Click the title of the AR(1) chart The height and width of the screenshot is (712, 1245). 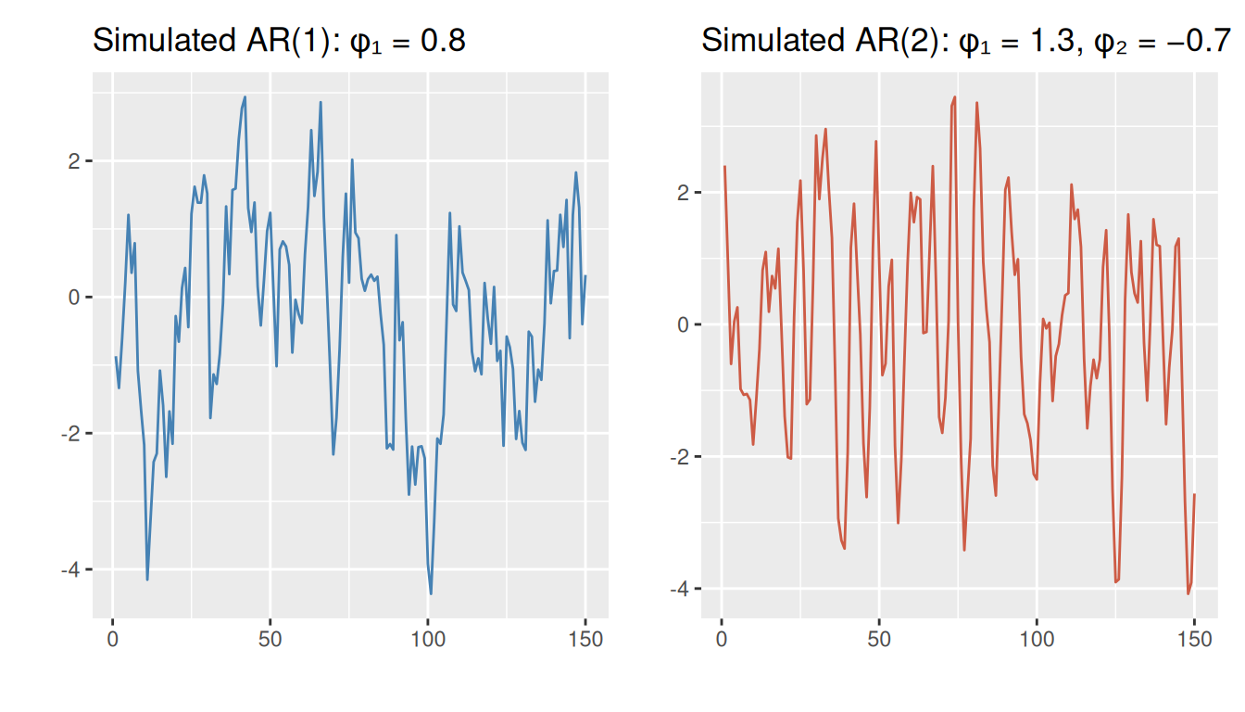279,41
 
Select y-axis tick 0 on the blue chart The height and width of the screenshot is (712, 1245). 75,298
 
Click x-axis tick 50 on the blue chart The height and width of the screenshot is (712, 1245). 270,640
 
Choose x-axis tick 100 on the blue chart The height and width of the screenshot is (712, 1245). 428,640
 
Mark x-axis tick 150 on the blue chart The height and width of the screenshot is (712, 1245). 585,640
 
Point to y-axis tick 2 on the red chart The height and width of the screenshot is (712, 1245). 684,193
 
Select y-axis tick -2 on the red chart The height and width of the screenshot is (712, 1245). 680,457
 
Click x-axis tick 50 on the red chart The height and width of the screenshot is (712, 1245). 879,640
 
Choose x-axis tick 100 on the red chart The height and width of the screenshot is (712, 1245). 1037,640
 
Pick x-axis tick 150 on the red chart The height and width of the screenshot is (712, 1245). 1194,640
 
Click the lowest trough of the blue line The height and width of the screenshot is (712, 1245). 431,593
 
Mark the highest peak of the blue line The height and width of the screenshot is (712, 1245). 245,96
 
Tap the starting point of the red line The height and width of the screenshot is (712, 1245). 724,167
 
